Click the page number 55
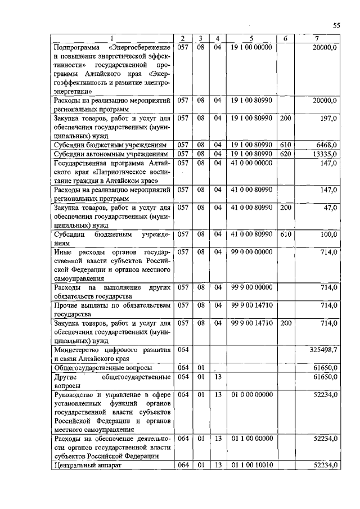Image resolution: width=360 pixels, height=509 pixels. click(x=336, y=25)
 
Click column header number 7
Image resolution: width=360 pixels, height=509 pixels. click(x=318, y=38)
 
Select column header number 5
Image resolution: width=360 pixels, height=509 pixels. click(x=251, y=38)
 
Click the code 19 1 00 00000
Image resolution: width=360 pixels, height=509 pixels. click(x=251, y=47)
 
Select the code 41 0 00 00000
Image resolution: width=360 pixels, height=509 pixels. click(x=251, y=163)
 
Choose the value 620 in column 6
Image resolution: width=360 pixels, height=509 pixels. click(x=285, y=154)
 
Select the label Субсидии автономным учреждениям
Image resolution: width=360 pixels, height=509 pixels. click(x=110, y=154)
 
